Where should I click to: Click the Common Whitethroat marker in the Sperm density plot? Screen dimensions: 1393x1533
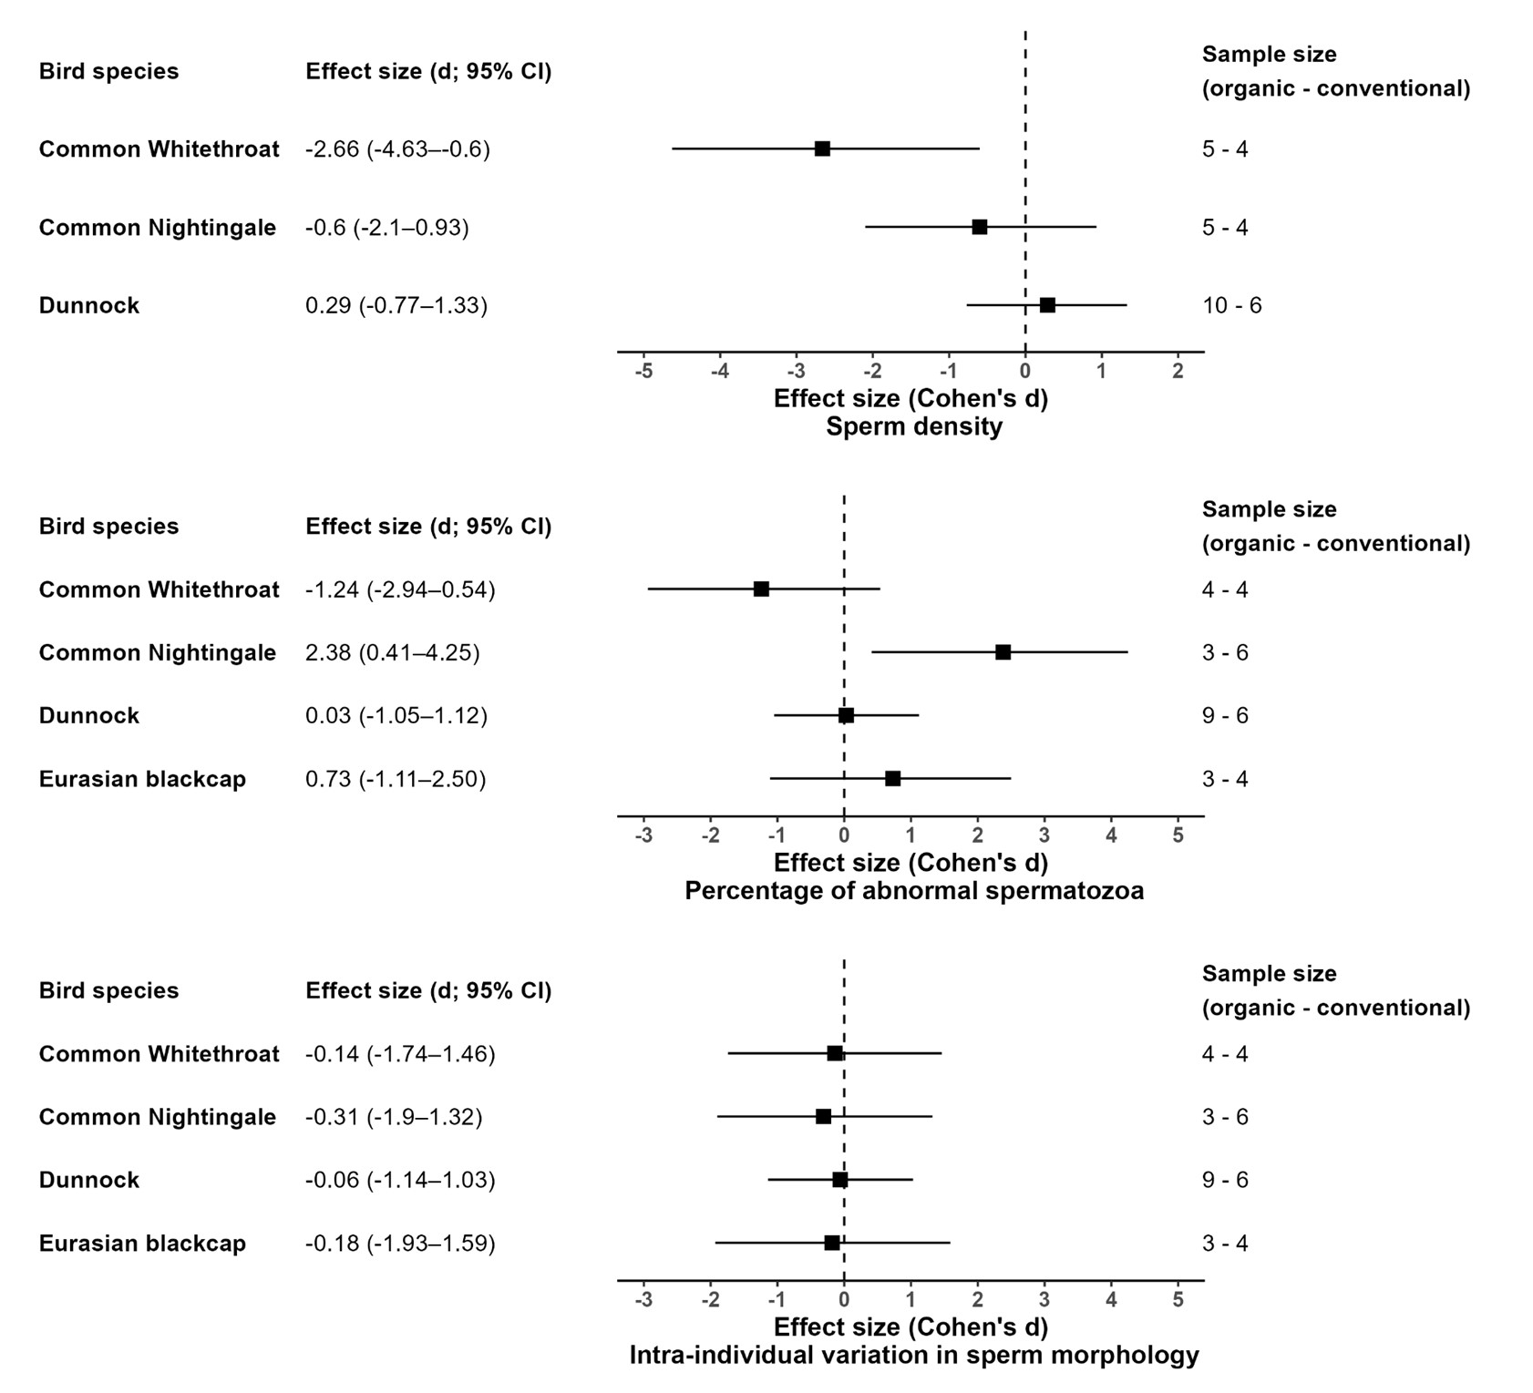tap(822, 149)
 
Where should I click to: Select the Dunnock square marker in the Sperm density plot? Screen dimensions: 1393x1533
tap(1047, 305)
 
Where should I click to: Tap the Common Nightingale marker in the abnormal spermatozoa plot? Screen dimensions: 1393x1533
tap(1003, 652)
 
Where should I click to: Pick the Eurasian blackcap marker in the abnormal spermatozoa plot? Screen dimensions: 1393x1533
tap(892, 779)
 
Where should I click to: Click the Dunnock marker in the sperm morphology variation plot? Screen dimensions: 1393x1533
tap(839, 1180)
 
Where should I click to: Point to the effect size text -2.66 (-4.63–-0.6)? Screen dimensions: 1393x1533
tap(397, 149)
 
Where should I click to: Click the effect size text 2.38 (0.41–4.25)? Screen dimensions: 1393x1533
tap(392, 653)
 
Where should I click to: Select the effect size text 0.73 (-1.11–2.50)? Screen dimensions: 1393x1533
tap(396, 780)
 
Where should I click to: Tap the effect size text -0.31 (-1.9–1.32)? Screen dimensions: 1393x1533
tap(394, 1117)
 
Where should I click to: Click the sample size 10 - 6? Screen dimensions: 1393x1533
tap(1231, 306)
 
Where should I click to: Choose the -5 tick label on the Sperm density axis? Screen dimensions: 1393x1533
tap(643, 372)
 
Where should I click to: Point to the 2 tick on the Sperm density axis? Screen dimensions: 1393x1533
tap(1178, 372)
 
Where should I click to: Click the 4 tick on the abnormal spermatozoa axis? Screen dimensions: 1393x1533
tap(1111, 836)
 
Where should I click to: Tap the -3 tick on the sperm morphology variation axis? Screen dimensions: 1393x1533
tap(643, 1300)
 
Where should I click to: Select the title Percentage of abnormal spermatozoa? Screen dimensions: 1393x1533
tap(913, 891)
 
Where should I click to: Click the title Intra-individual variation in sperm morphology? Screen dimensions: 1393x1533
tap(913, 1356)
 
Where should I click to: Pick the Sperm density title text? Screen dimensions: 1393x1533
tap(913, 427)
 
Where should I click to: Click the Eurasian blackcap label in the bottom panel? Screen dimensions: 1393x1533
tap(142, 1244)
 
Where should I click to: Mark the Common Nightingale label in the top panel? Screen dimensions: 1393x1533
tap(157, 228)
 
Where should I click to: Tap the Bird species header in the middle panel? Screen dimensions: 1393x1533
tap(108, 527)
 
